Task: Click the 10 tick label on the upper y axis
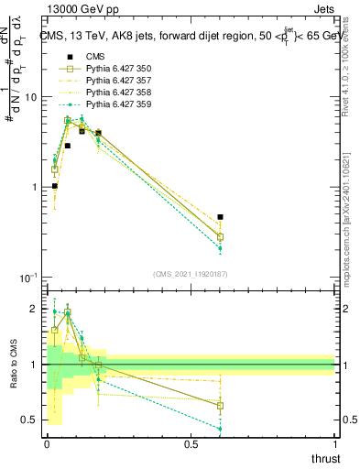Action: point(28,97)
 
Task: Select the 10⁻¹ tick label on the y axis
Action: point(27,277)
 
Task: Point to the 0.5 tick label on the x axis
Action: point(191,443)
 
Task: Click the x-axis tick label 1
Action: point(334,443)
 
